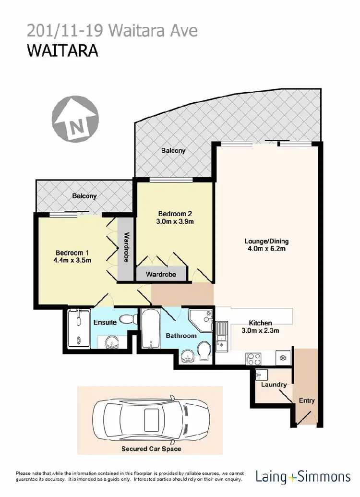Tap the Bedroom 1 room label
72,253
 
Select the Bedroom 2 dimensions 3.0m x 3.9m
176,222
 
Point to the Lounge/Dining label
266,241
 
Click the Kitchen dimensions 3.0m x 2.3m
260,330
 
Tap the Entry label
307,400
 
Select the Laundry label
274,384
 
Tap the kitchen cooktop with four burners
253,358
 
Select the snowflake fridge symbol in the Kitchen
283,358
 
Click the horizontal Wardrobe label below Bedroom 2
160,275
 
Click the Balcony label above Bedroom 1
84,196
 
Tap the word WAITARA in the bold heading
62,50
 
